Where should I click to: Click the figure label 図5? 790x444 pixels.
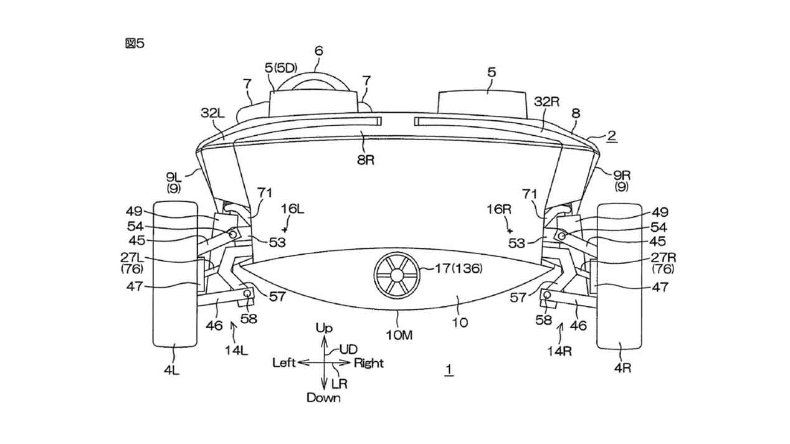(135, 44)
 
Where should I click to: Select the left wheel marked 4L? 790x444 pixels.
(175, 274)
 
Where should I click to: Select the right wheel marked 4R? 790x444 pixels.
(619, 276)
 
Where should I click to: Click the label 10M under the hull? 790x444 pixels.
(399, 335)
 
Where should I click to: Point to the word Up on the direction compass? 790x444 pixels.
(324, 328)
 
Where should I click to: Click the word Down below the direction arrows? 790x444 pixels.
(323, 398)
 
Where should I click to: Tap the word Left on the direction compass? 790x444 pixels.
(284, 362)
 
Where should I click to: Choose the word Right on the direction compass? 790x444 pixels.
(369, 363)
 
